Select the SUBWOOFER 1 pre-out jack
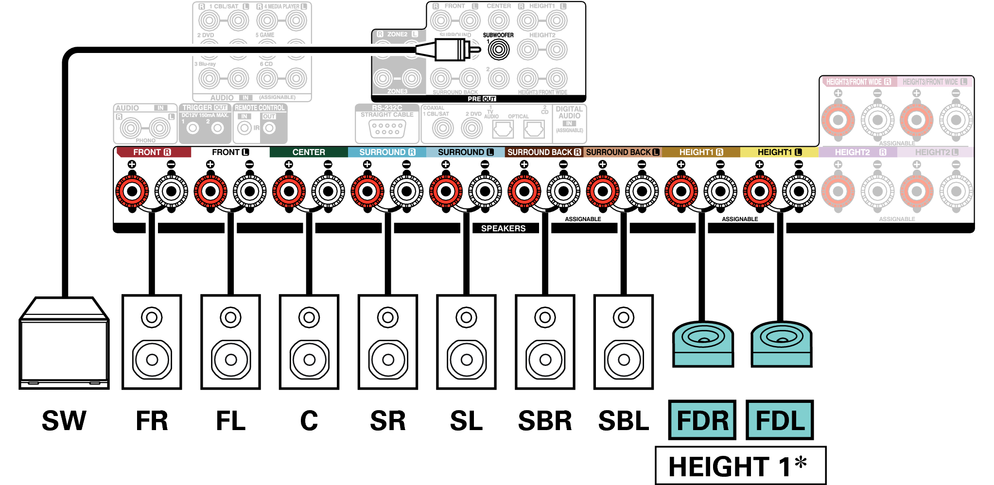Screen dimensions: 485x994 tap(498, 49)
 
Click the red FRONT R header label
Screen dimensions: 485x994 tap(152, 152)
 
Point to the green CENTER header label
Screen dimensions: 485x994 tap(309, 152)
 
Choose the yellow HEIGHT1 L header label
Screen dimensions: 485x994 tap(779, 152)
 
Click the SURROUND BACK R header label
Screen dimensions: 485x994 tap(544, 152)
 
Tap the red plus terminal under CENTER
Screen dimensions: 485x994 tap(289, 191)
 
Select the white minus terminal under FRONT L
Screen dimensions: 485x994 tap(250, 191)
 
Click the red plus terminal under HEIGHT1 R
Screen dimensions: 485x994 tap(681, 191)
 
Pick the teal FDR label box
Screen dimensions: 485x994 tap(702, 420)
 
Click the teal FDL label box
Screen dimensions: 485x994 tap(780, 420)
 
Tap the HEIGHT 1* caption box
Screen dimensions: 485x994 tap(740, 466)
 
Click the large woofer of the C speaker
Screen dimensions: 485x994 tap(309, 360)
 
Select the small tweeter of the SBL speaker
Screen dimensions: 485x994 tap(624, 318)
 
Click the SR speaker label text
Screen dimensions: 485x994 tap(387, 421)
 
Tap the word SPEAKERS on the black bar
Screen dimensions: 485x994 tap(503, 228)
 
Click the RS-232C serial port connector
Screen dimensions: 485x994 tap(387, 129)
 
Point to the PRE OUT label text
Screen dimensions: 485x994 tap(481, 99)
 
